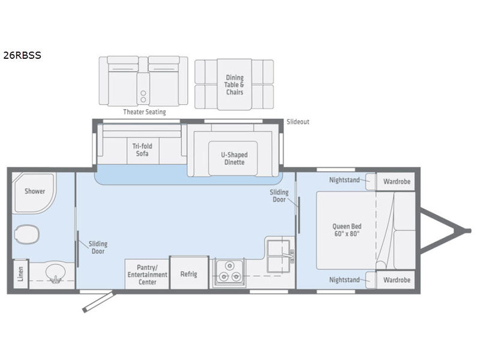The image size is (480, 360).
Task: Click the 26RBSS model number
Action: pyautogui.click(x=22, y=55)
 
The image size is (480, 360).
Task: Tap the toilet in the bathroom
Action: pyautogui.click(x=27, y=234)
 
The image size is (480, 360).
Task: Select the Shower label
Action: pyautogui.click(x=35, y=191)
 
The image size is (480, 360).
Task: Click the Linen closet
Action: pyautogui.click(x=20, y=274)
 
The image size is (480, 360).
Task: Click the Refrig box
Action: pyautogui.click(x=189, y=273)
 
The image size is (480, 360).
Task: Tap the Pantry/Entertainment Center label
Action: pyautogui.click(x=147, y=275)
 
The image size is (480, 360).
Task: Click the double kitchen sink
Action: pyautogui.click(x=279, y=256)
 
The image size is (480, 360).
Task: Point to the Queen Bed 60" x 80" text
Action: pyautogui.click(x=347, y=230)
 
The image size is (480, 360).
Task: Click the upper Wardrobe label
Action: pyautogui.click(x=397, y=182)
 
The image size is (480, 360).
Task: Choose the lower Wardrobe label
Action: pyautogui.click(x=397, y=280)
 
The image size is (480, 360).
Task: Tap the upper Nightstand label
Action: pyautogui.click(x=344, y=180)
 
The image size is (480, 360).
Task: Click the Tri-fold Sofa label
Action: pyautogui.click(x=142, y=149)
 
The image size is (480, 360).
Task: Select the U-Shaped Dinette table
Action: pyautogui.click(x=233, y=158)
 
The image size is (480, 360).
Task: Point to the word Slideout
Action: pyautogui.click(x=298, y=122)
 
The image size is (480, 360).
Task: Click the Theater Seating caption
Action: pyautogui.click(x=145, y=112)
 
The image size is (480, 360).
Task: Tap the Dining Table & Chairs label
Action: pyautogui.click(x=235, y=85)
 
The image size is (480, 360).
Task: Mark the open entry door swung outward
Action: pyautogui.click(x=98, y=302)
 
